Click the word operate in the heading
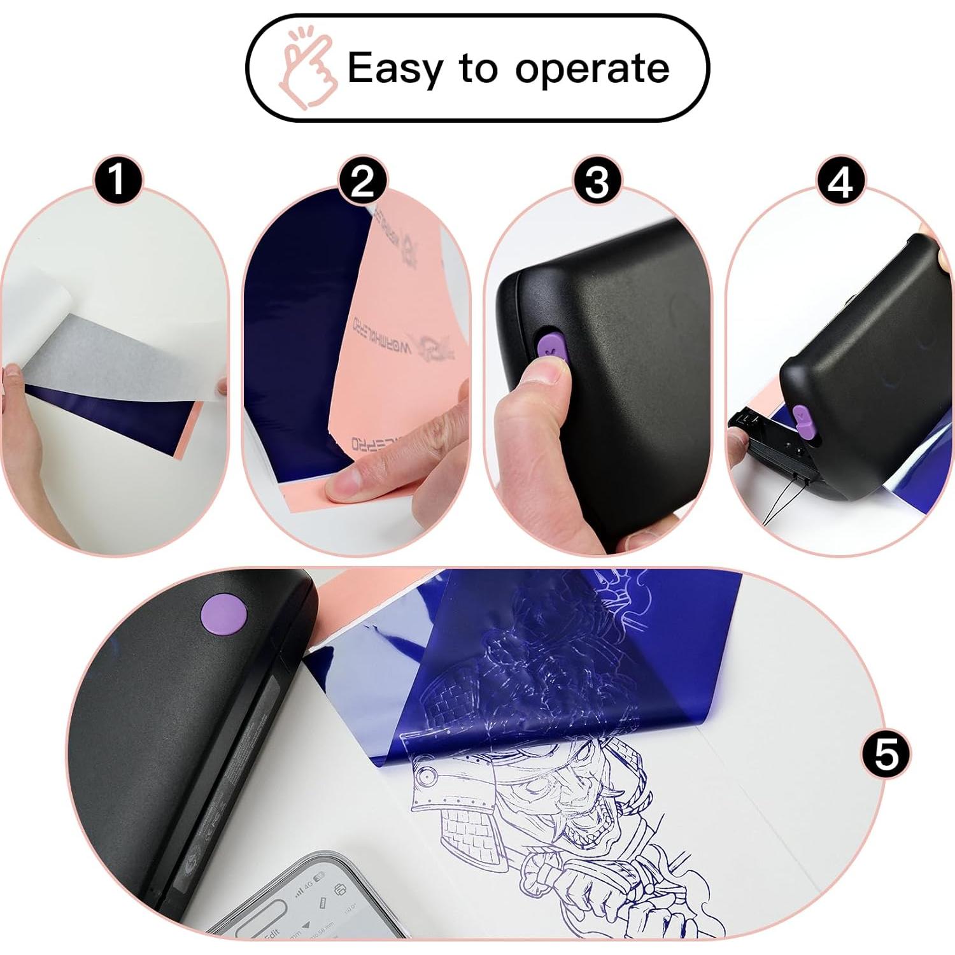pyautogui.click(x=592, y=68)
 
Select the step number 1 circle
pyautogui.click(x=117, y=181)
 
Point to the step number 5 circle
pyautogui.click(x=886, y=754)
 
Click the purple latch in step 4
pyautogui.click(x=804, y=420)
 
